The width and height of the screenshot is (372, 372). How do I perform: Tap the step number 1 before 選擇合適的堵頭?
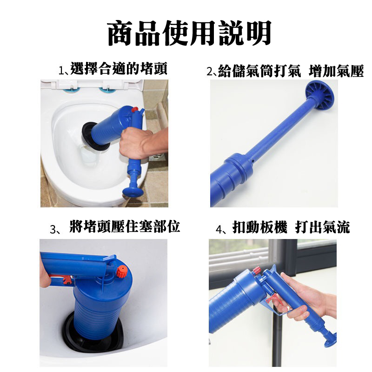click(x=61, y=71)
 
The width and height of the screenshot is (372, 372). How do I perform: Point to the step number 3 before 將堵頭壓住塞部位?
click(x=53, y=229)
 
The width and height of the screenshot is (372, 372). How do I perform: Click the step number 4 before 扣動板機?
click(x=220, y=229)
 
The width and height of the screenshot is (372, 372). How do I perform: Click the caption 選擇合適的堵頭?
click(x=119, y=70)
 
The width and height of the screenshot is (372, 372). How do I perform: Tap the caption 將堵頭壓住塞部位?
click(x=125, y=227)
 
